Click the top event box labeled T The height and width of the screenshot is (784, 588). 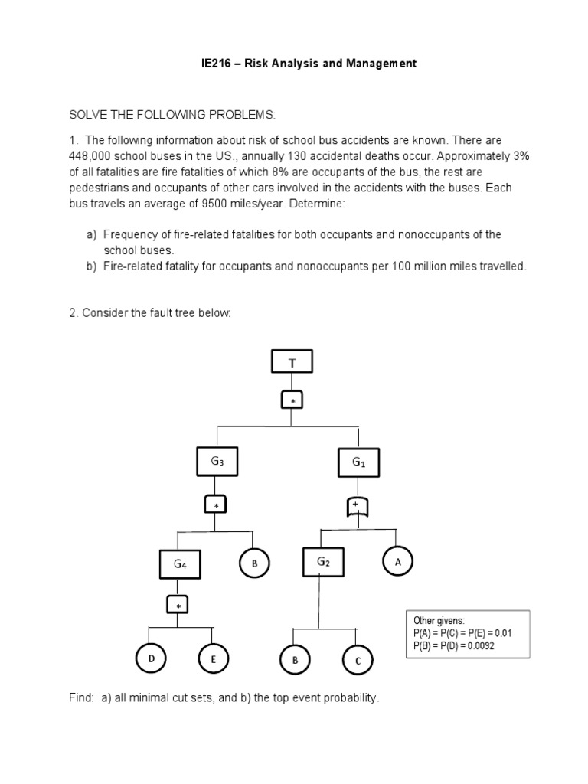[x=292, y=361]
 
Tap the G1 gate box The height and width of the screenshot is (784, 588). [x=358, y=462]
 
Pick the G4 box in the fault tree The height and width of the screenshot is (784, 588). [x=181, y=564]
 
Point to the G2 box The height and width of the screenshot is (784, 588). [x=323, y=563]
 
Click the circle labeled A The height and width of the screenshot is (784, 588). [x=397, y=561]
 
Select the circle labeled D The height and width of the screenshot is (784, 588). [x=151, y=658]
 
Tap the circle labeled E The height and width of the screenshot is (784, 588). [x=214, y=658]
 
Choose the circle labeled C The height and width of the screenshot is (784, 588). [x=358, y=660]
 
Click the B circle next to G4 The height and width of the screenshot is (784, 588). [x=254, y=563]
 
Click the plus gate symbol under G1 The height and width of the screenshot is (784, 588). [x=355, y=506]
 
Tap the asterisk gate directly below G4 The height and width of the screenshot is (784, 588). [x=179, y=606]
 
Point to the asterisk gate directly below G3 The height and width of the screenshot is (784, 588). [x=215, y=505]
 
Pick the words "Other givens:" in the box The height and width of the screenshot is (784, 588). [x=439, y=620]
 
